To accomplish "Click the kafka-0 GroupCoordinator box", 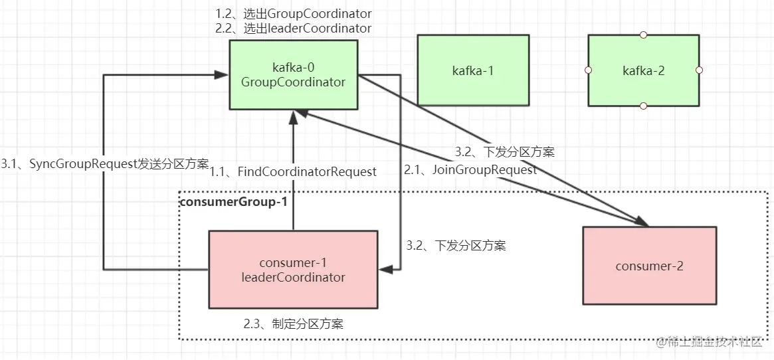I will pos(293,74).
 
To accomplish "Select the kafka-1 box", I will pos(473,70).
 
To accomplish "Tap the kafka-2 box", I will pos(643,70).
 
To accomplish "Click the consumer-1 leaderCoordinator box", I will pos(293,269).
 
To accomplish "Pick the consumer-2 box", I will pos(649,266).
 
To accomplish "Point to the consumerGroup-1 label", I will pos(234,201).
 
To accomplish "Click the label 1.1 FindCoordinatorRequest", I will pos(294,172).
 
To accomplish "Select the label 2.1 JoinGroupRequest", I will pos(470,169).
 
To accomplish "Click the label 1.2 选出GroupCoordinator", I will pos(293,14).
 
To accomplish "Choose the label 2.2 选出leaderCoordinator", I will pos(293,29).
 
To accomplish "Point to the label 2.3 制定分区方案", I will pos(293,324).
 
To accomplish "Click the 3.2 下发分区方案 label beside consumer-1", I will pos(456,246).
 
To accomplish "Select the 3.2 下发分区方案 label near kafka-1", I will pos(504,151).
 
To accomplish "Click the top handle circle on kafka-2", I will pos(643,35).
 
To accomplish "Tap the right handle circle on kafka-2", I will pos(699,70).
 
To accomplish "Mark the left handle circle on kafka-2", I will pos(588,70).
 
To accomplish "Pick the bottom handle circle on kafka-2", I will pos(643,106).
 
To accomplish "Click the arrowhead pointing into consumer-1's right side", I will pos(383,269).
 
